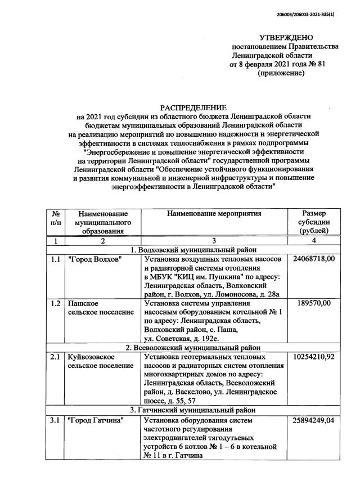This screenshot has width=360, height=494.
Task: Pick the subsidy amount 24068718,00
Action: (314, 259)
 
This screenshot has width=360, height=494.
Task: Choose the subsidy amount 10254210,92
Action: (314, 357)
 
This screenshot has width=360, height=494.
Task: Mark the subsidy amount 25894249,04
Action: (314, 420)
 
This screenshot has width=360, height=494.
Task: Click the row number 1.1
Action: (55, 259)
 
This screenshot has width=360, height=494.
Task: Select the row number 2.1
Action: (55, 357)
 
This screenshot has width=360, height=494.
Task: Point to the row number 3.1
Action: (55, 420)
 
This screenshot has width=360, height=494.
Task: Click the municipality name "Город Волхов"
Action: (94, 259)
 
